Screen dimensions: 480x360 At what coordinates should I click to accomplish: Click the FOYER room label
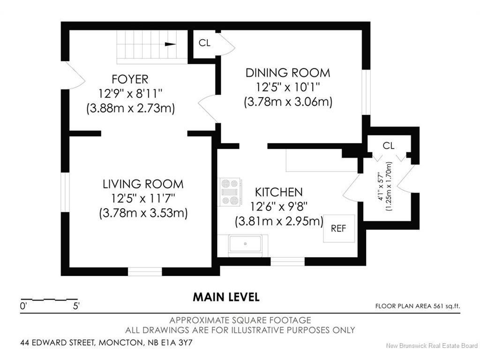pyautogui.click(x=130, y=79)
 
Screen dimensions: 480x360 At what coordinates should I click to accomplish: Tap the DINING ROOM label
pyautogui.click(x=288, y=73)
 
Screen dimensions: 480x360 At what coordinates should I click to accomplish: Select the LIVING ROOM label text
pyautogui.click(x=143, y=184)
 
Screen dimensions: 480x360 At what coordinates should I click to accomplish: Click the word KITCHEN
pyautogui.click(x=279, y=192)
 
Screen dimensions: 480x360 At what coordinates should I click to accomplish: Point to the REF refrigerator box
pyautogui.click(x=339, y=228)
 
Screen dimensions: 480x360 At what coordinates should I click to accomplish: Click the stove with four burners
pyautogui.click(x=230, y=192)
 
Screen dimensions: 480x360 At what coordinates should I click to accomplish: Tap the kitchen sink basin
pyautogui.click(x=245, y=243)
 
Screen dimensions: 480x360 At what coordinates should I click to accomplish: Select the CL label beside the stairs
pyautogui.click(x=204, y=43)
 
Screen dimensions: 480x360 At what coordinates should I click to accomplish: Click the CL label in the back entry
pyautogui.click(x=389, y=146)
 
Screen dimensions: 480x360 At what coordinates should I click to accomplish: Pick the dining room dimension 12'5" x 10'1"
pyautogui.click(x=288, y=87)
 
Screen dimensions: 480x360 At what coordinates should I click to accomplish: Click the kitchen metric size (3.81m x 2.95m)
pyautogui.click(x=279, y=221)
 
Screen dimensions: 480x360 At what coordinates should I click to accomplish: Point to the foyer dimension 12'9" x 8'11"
pyautogui.click(x=130, y=94)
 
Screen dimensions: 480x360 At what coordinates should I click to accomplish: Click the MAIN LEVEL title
pyautogui.click(x=226, y=297)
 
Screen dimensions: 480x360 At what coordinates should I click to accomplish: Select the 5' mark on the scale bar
pyautogui.click(x=76, y=306)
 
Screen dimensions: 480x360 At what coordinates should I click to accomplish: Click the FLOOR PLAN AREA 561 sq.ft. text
pyautogui.click(x=418, y=306)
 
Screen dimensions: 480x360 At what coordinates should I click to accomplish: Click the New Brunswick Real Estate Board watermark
pyautogui.click(x=432, y=346)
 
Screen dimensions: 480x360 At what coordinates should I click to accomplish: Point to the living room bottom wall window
pyautogui.click(x=145, y=271)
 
